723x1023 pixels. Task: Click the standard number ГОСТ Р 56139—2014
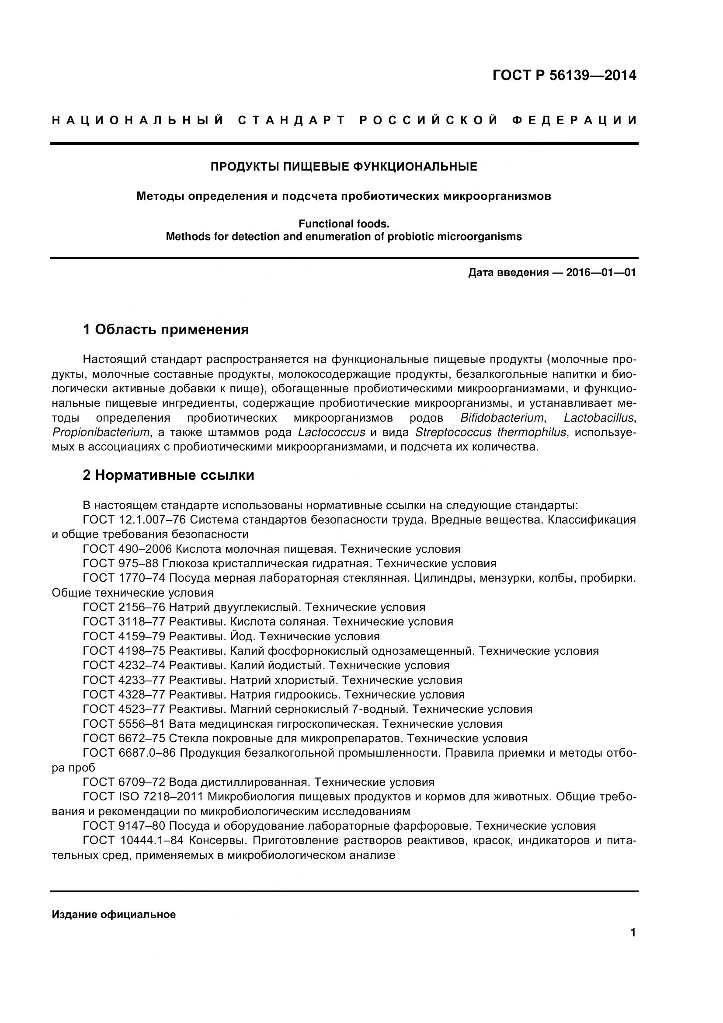pos(564,76)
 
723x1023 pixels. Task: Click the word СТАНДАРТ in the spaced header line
pos(292,120)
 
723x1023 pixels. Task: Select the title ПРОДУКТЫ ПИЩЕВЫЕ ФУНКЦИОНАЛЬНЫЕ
pos(344,167)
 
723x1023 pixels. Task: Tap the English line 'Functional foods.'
pos(344,223)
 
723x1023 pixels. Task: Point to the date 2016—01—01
pos(601,272)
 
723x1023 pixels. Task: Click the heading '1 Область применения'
pos(166,330)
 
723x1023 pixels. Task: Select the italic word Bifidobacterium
pos(502,418)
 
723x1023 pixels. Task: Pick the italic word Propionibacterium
pos(101,432)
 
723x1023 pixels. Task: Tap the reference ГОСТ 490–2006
pos(127,549)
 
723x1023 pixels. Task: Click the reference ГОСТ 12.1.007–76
pos(134,520)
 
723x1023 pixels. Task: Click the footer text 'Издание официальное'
pos(114,915)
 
